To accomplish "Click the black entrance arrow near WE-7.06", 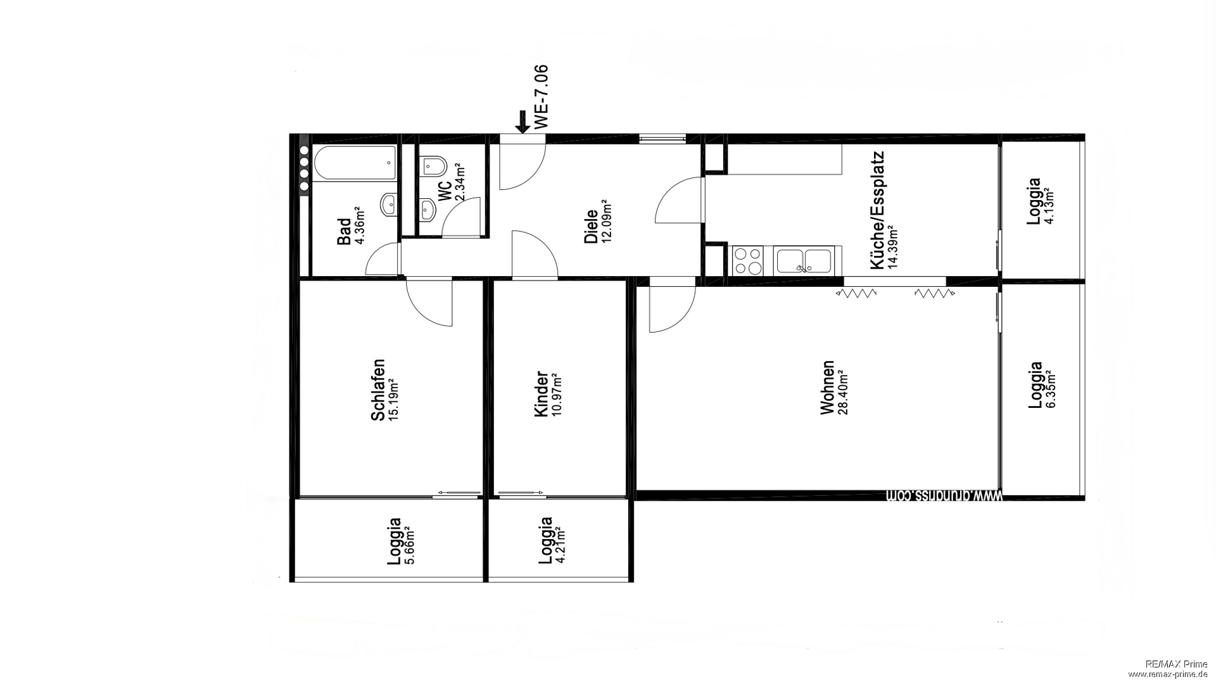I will [522, 122].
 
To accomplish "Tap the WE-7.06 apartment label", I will [540, 97].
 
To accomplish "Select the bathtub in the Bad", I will [356, 164].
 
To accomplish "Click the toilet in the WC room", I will [434, 167].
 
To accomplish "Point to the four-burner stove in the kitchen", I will [748, 261].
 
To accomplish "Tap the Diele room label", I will [591, 227].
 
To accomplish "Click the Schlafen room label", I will [378, 390].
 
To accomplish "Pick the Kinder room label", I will [541, 394].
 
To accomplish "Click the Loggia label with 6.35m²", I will [1035, 385].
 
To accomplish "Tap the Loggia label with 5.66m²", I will [394, 542].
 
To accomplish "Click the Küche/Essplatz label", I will [877, 210].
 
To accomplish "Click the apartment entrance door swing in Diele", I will [521, 166].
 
